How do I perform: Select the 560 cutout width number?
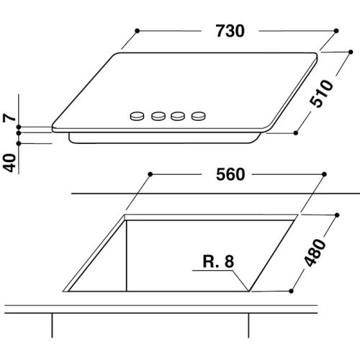point(230,174)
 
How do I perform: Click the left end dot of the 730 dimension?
point(137,31)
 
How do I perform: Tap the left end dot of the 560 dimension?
point(149,174)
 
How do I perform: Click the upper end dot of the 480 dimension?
point(336,214)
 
